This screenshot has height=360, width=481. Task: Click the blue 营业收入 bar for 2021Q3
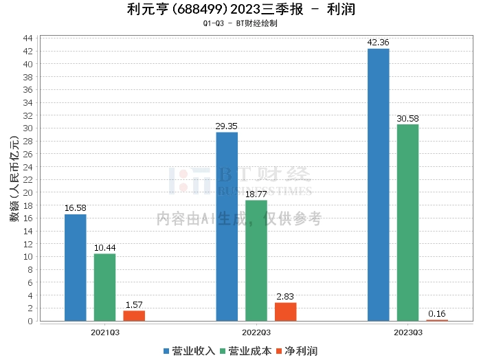click(x=76, y=268)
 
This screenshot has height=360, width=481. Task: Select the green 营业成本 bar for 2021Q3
click(x=105, y=287)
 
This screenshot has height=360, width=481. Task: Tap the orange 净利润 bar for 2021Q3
click(x=134, y=316)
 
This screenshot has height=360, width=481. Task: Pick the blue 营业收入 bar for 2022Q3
click(x=227, y=227)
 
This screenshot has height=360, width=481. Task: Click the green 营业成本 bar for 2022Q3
click(x=256, y=260)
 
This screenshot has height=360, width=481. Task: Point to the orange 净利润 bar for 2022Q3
click(x=285, y=312)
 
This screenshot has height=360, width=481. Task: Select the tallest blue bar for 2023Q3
click(x=379, y=185)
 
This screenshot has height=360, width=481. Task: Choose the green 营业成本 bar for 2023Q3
click(x=407, y=223)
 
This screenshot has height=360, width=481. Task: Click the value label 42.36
click(x=379, y=43)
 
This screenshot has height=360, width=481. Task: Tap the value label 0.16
click(x=437, y=314)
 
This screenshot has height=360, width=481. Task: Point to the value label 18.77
click(x=256, y=194)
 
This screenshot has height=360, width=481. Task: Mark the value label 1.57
click(x=134, y=305)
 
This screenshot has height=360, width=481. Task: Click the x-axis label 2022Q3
click(x=256, y=332)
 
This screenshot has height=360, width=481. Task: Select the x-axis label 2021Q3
click(x=105, y=332)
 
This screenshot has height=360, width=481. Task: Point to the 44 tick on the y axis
click(x=30, y=38)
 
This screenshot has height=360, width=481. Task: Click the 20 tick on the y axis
click(x=30, y=192)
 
